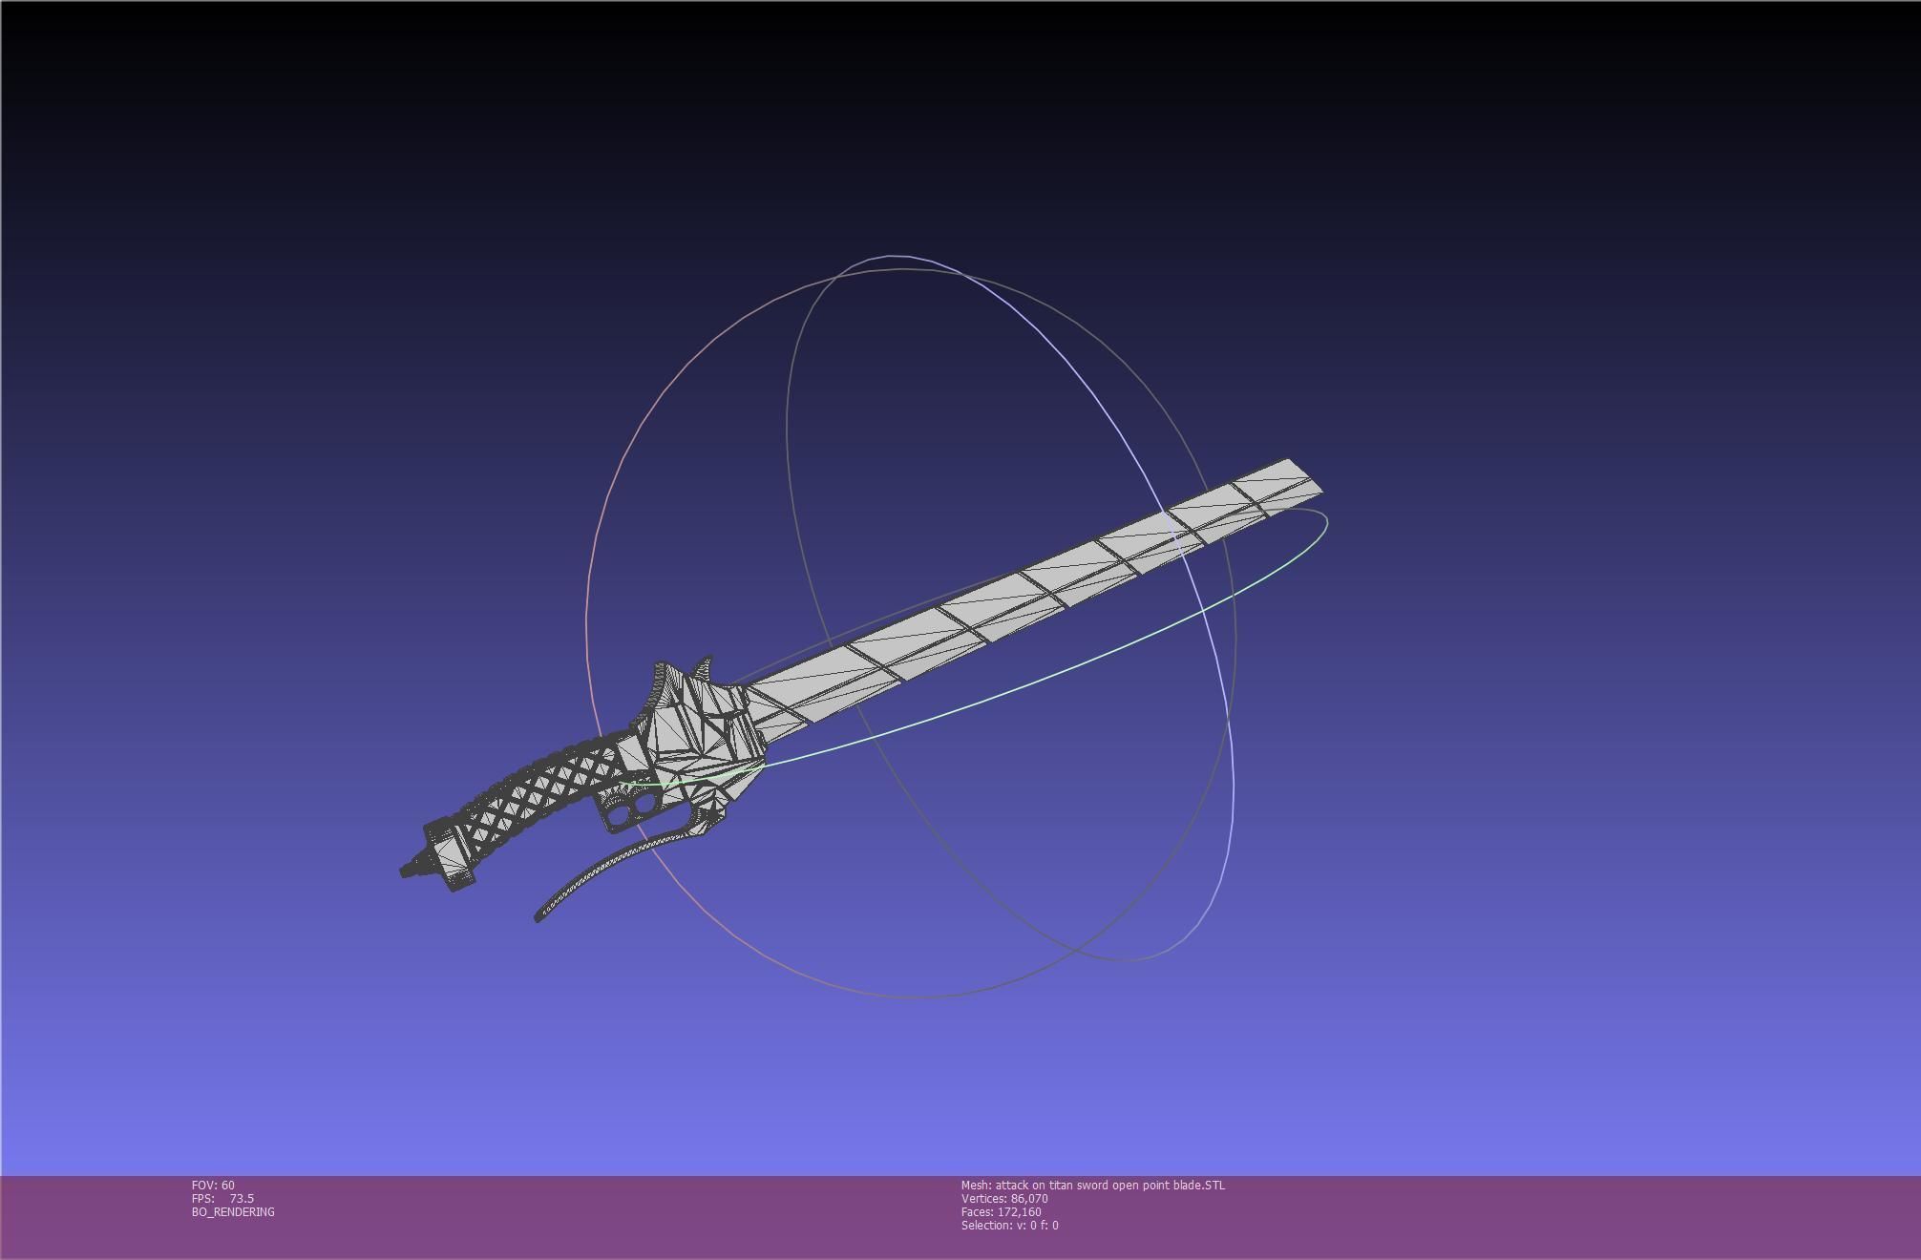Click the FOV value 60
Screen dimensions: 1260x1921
[227, 1186]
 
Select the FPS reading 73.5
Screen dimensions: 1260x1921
[242, 1199]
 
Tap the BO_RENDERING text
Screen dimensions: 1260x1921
[233, 1212]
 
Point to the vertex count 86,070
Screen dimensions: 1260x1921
[1029, 1199]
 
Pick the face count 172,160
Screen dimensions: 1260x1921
[1019, 1212]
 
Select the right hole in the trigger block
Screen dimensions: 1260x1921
[645, 804]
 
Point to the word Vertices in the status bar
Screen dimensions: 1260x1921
[983, 1199]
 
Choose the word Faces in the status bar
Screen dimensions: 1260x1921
[977, 1212]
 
